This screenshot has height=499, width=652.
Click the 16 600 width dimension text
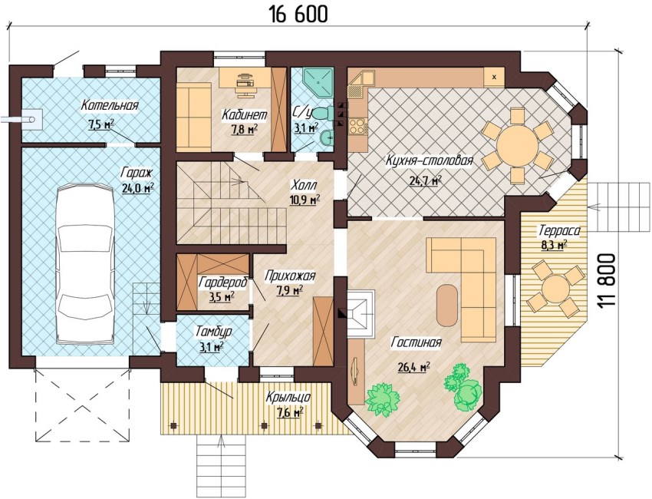coord(298,13)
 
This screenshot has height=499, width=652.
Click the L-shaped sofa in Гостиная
coord(468,284)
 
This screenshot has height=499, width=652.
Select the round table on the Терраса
coord(555,289)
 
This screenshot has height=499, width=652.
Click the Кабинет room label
coord(244,115)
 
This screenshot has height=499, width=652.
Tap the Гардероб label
coord(222,283)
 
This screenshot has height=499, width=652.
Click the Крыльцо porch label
coord(288,398)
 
